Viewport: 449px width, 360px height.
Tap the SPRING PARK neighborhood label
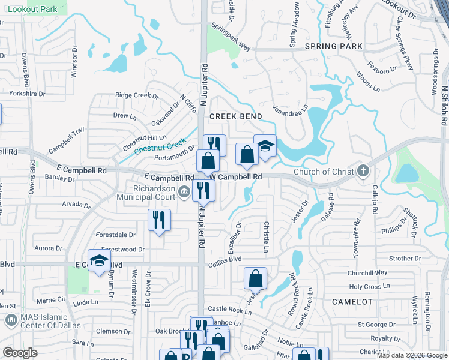(x=333, y=46)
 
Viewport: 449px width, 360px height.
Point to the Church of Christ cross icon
(x=362, y=172)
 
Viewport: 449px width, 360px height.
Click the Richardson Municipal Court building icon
(x=184, y=192)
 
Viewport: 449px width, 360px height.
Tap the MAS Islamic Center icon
(x=11, y=322)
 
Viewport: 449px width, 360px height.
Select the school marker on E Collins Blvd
(x=99, y=261)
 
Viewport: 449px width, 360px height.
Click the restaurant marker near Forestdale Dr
(x=159, y=220)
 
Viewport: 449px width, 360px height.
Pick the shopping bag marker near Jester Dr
(x=255, y=278)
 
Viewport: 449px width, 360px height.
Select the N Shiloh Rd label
(x=445, y=105)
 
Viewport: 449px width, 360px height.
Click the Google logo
(x=20, y=353)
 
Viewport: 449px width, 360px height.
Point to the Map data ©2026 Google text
(x=411, y=355)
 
